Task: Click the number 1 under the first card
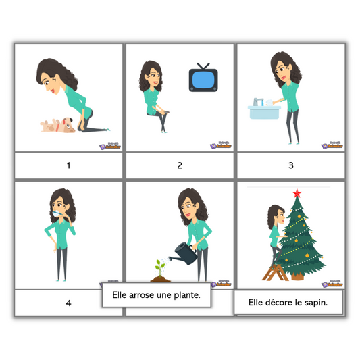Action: tap(68, 165)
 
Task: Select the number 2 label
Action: tap(180, 165)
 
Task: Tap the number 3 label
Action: tap(290, 165)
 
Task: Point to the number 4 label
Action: tap(68, 303)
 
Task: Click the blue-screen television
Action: tap(201, 78)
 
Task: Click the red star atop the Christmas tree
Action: tap(296, 195)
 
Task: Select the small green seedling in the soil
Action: tap(160, 265)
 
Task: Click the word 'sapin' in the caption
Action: tap(314, 302)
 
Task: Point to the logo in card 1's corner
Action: tap(112, 144)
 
